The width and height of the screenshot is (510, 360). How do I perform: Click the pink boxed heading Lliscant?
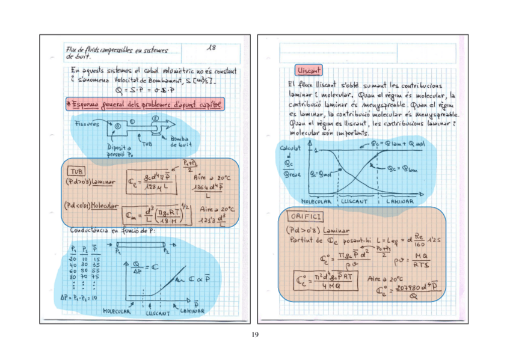pos(309,71)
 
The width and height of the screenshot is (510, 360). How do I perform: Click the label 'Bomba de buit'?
pos(179,143)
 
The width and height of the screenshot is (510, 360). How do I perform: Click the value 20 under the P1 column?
pos(73,258)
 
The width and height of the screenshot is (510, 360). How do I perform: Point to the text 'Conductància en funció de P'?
pos(112,231)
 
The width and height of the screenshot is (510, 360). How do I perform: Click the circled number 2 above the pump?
pos(156,120)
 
